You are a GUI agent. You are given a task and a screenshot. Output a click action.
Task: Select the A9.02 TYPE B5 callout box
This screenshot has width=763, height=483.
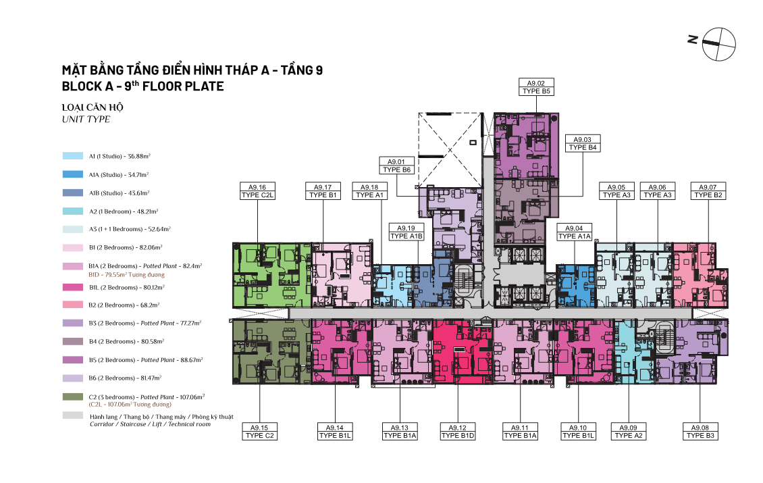click(x=536, y=87)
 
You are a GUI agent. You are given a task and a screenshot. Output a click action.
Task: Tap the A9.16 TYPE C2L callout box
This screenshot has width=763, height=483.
click(x=257, y=191)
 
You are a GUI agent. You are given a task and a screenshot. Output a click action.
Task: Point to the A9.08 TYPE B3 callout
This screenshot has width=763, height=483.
click(x=700, y=432)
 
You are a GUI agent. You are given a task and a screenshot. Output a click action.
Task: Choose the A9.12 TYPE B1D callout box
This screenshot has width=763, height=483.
click(x=457, y=432)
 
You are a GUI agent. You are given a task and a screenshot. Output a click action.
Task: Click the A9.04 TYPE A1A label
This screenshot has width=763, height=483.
click(x=574, y=232)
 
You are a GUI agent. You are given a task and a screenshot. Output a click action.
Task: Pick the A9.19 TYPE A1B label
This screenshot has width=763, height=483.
click(x=406, y=232)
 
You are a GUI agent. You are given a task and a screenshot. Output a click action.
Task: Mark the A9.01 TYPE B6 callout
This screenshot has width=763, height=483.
click(x=396, y=166)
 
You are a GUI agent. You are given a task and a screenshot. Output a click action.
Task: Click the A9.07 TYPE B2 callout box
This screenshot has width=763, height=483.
click(x=708, y=191)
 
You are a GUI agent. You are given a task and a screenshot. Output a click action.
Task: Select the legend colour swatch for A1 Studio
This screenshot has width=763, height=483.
click(x=72, y=156)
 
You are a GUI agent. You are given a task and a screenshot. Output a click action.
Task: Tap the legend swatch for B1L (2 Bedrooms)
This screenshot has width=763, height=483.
click(x=72, y=287)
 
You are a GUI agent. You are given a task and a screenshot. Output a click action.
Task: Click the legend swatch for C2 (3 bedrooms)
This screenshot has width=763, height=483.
click(x=72, y=397)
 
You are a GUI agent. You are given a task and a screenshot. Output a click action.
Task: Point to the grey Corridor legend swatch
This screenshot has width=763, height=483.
click(x=72, y=415)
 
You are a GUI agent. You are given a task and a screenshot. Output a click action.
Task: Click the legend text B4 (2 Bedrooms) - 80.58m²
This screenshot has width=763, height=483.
click(x=126, y=341)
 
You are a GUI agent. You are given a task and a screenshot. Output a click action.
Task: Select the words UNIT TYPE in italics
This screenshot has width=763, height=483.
click(x=86, y=120)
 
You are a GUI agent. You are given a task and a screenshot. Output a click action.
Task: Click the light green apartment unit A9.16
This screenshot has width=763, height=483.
click(x=271, y=275)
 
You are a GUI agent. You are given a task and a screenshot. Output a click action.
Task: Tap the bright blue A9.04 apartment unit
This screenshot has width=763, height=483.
click(x=575, y=286)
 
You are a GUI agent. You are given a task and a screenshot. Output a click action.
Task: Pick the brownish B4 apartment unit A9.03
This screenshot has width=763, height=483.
click(x=526, y=212)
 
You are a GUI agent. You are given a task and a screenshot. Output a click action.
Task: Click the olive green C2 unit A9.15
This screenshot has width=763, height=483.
click(x=271, y=351)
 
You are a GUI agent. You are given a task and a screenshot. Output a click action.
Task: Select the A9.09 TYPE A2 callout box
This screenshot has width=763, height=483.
click(x=628, y=432)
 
